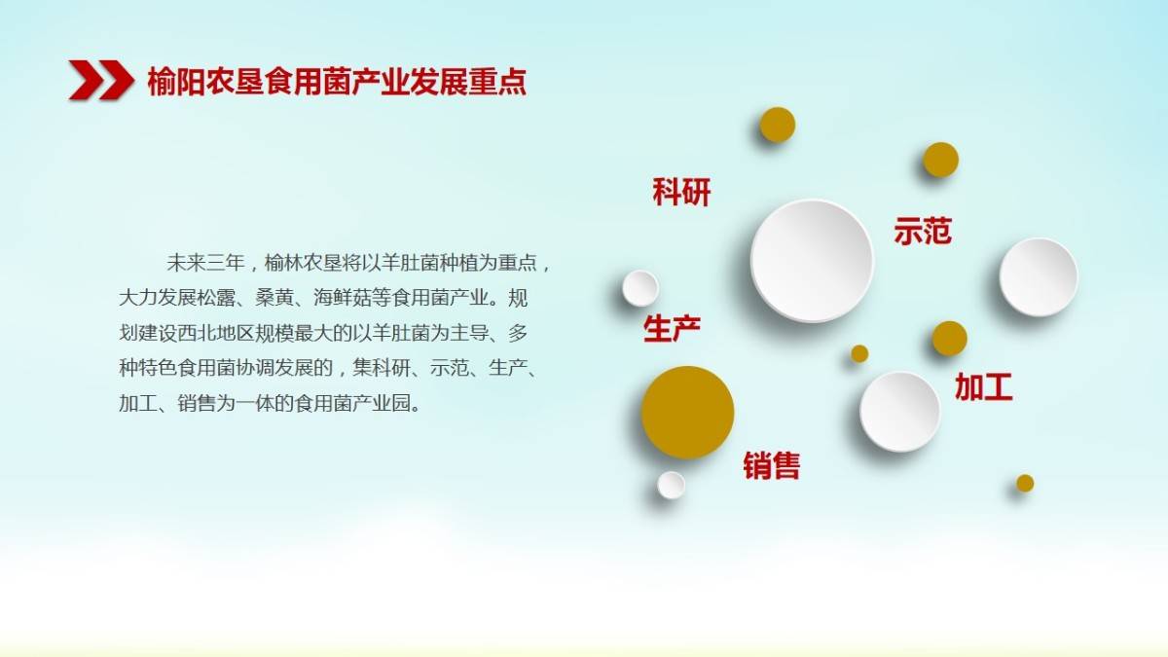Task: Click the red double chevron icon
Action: (x=101, y=80)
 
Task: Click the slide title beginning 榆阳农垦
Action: (x=337, y=82)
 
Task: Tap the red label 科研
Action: (x=681, y=192)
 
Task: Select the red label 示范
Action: (x=923, y=231)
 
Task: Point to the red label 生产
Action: (x=673, y=329)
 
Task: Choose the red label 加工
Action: (x=983, y=387)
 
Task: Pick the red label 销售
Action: (x=771, y=465)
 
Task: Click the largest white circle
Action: (x=812, y=260)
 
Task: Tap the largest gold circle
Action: (x=687, y=413)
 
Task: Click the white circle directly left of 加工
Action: (x=899, y=412)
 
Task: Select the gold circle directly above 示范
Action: (x=940, y=160)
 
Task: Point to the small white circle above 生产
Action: (x=640, y=288)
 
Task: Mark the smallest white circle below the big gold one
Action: (x=671, y=485)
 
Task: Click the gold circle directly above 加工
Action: (x=950, y=339)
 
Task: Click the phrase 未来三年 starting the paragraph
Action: (x=205, y=263)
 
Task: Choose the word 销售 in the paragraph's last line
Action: (x=197, y=404)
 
